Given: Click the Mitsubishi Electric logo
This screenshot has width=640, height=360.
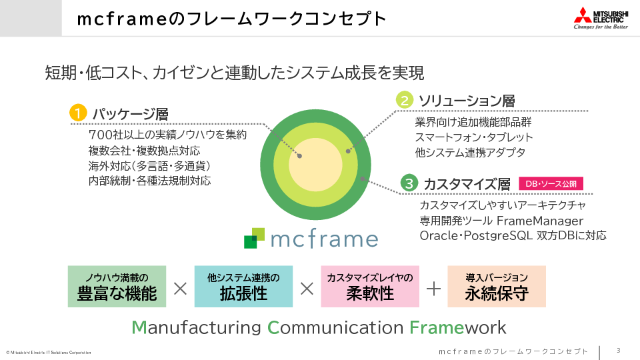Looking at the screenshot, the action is [601, 18].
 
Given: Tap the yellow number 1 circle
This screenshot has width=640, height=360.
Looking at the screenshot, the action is [78, 113].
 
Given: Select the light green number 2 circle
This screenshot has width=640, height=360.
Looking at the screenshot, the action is [405, 100].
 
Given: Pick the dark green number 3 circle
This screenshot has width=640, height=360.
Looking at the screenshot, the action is [409, 183].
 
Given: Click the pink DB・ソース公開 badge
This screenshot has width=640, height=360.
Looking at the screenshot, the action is [551, 184].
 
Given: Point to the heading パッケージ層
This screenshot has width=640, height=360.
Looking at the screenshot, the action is [131, 114].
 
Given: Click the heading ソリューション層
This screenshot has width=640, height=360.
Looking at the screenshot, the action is [467, 101].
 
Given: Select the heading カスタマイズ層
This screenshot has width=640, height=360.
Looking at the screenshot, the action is [467, 184].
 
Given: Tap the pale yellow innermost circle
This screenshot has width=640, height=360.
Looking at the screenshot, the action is [315, 165].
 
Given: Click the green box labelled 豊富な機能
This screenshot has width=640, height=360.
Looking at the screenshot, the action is [117, 287].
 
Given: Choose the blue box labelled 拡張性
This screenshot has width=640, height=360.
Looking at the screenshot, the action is [243, 287].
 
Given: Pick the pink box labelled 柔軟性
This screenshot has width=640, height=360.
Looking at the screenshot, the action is [370, 287].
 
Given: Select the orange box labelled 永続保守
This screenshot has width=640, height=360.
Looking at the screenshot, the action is [497, 287].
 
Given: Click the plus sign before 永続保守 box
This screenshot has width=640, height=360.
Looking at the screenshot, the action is [433, 289].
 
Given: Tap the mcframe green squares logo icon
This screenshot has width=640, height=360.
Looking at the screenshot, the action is [254, 238].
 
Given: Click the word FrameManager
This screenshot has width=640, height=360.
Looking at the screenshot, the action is [541, 221].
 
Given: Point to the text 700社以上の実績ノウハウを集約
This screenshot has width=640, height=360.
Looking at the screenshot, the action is [167, 135].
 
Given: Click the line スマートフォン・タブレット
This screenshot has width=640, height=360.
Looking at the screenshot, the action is [474, 137].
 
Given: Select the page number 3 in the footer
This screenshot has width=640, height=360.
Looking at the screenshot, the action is [619, 350].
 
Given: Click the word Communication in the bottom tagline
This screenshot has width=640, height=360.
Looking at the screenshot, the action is [335, 327].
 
